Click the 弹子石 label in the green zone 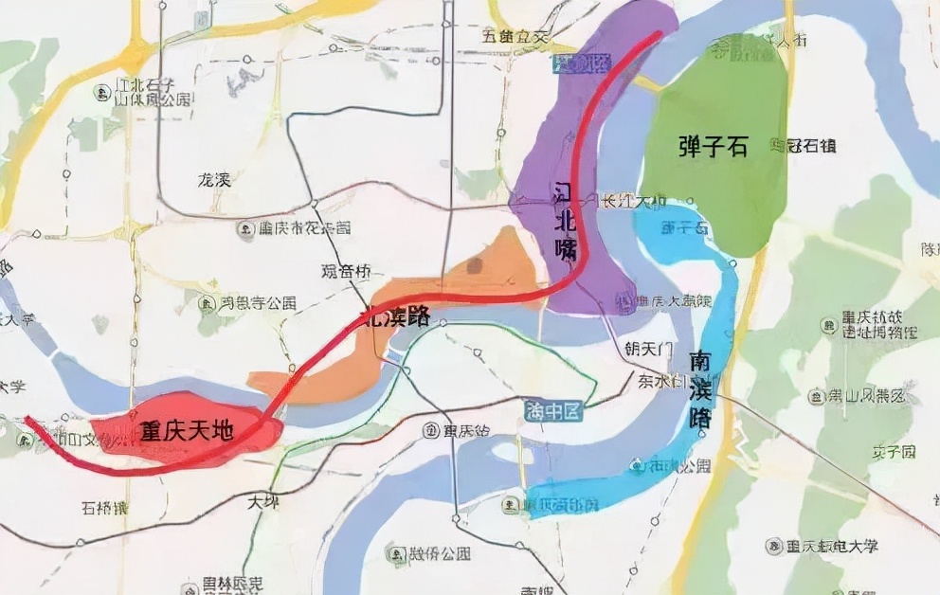(714, 147)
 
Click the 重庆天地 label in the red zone (187, 431)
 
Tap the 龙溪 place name (214, 179)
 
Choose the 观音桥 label (342, 271)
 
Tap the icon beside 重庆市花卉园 (246, 228)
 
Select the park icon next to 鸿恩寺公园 (205, 304)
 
